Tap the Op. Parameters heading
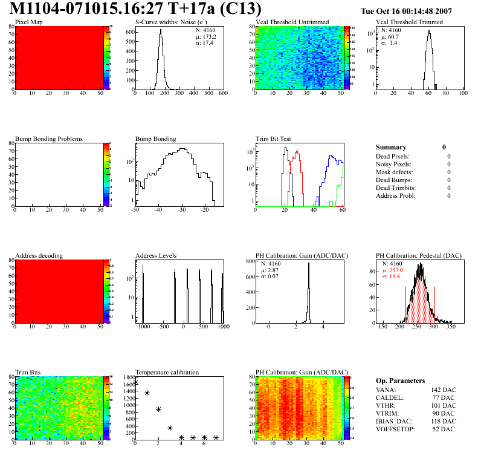pyautogui.click(x=400, y=380)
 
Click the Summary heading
pyautogui.click(x=391, y=147)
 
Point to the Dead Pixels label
pyautogui.click(x=393, y=156)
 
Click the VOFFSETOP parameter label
pyautogui.click(x=396, y=429)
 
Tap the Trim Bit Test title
pyautogui.click(x=274, y=139)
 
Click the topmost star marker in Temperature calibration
pyautogui.click(x=135, y=382)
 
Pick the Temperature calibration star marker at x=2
pyautogui.click(x=158, y=410)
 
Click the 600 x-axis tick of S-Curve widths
pyautogui.click(x=222, y=94)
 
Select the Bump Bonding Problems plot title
pyautogui.click(x=49, y=139)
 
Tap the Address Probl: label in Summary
pyautogui.click(x=395, y=195)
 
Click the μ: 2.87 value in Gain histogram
pyautogui.click(x=272, y=270)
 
